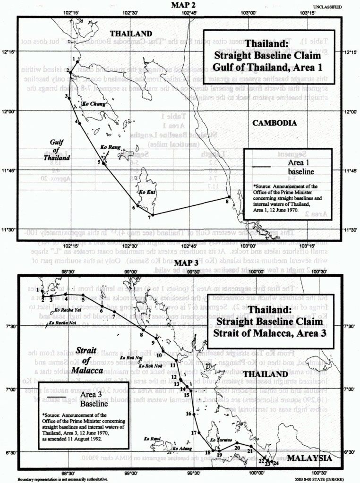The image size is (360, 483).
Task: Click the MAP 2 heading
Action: [180, 5]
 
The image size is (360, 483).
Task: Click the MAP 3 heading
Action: [180, 262]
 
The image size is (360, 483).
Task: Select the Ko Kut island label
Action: [145, 192]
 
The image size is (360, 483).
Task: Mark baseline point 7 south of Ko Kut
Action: [152, 215]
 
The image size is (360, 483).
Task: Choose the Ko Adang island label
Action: [182, 449]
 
